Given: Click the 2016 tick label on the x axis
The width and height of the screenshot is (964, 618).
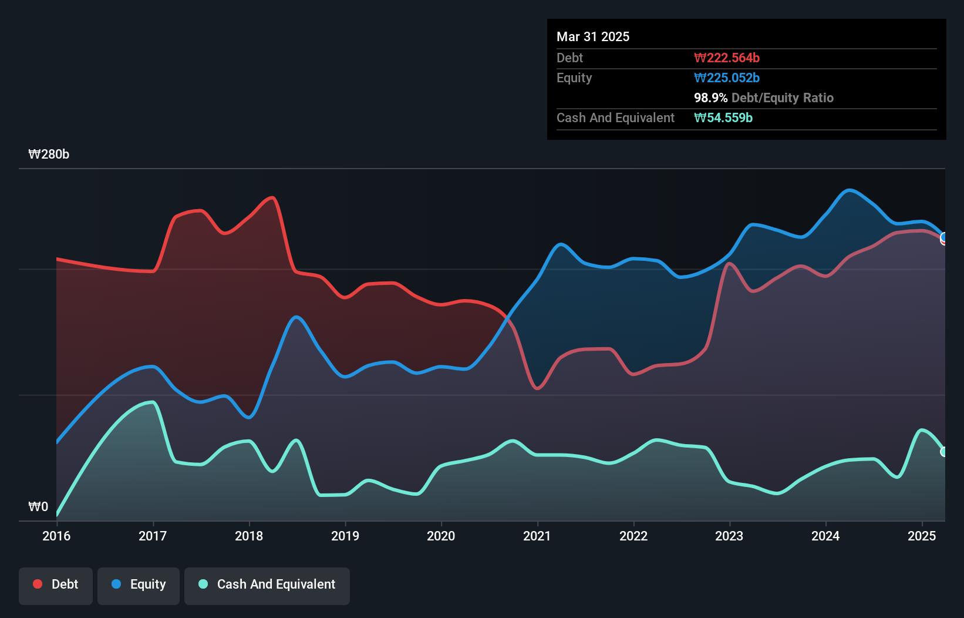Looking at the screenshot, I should [56, 536].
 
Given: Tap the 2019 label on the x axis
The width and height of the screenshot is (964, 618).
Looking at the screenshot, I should [345, 536].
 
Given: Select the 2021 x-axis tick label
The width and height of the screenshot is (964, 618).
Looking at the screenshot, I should [537, 536].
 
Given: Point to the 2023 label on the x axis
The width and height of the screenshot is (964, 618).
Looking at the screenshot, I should [729, 536].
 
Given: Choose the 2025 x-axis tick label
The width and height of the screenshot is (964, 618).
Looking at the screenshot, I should [921, 536].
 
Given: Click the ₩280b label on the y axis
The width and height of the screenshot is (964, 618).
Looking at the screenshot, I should [49, 154].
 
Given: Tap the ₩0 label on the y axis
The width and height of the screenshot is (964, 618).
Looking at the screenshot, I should [38, 506].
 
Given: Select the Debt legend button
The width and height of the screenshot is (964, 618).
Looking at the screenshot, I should [56, 585].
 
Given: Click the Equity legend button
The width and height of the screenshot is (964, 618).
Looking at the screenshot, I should [139, 585].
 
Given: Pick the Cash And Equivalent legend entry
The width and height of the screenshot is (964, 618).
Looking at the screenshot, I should [267, 585].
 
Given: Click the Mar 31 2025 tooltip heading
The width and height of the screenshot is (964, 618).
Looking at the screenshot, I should [593, 36].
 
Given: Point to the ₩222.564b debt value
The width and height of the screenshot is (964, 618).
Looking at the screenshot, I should [727, 58].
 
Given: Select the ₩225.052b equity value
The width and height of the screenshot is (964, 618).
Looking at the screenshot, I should [727, 78].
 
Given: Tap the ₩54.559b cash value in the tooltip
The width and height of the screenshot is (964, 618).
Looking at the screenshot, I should [723, 117].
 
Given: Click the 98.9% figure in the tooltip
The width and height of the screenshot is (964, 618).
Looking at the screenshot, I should [710, 98].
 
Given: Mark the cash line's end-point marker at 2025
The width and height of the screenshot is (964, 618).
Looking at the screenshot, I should [944, 452].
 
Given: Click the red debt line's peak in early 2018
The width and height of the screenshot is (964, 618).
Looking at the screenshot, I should [272, 197].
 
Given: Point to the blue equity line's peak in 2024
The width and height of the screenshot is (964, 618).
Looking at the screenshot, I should [849, 190].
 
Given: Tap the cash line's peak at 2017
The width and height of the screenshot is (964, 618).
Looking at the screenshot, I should [153, 402].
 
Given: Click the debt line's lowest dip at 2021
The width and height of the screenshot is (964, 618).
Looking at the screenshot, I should [537, 388].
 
